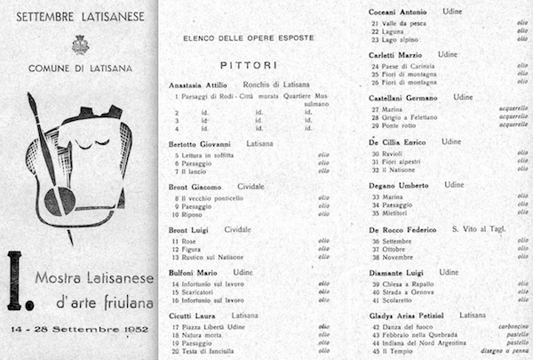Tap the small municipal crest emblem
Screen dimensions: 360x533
coord(80,44)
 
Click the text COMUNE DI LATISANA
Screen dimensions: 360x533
coord(80,68)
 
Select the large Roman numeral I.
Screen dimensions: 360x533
coord(15,280)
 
